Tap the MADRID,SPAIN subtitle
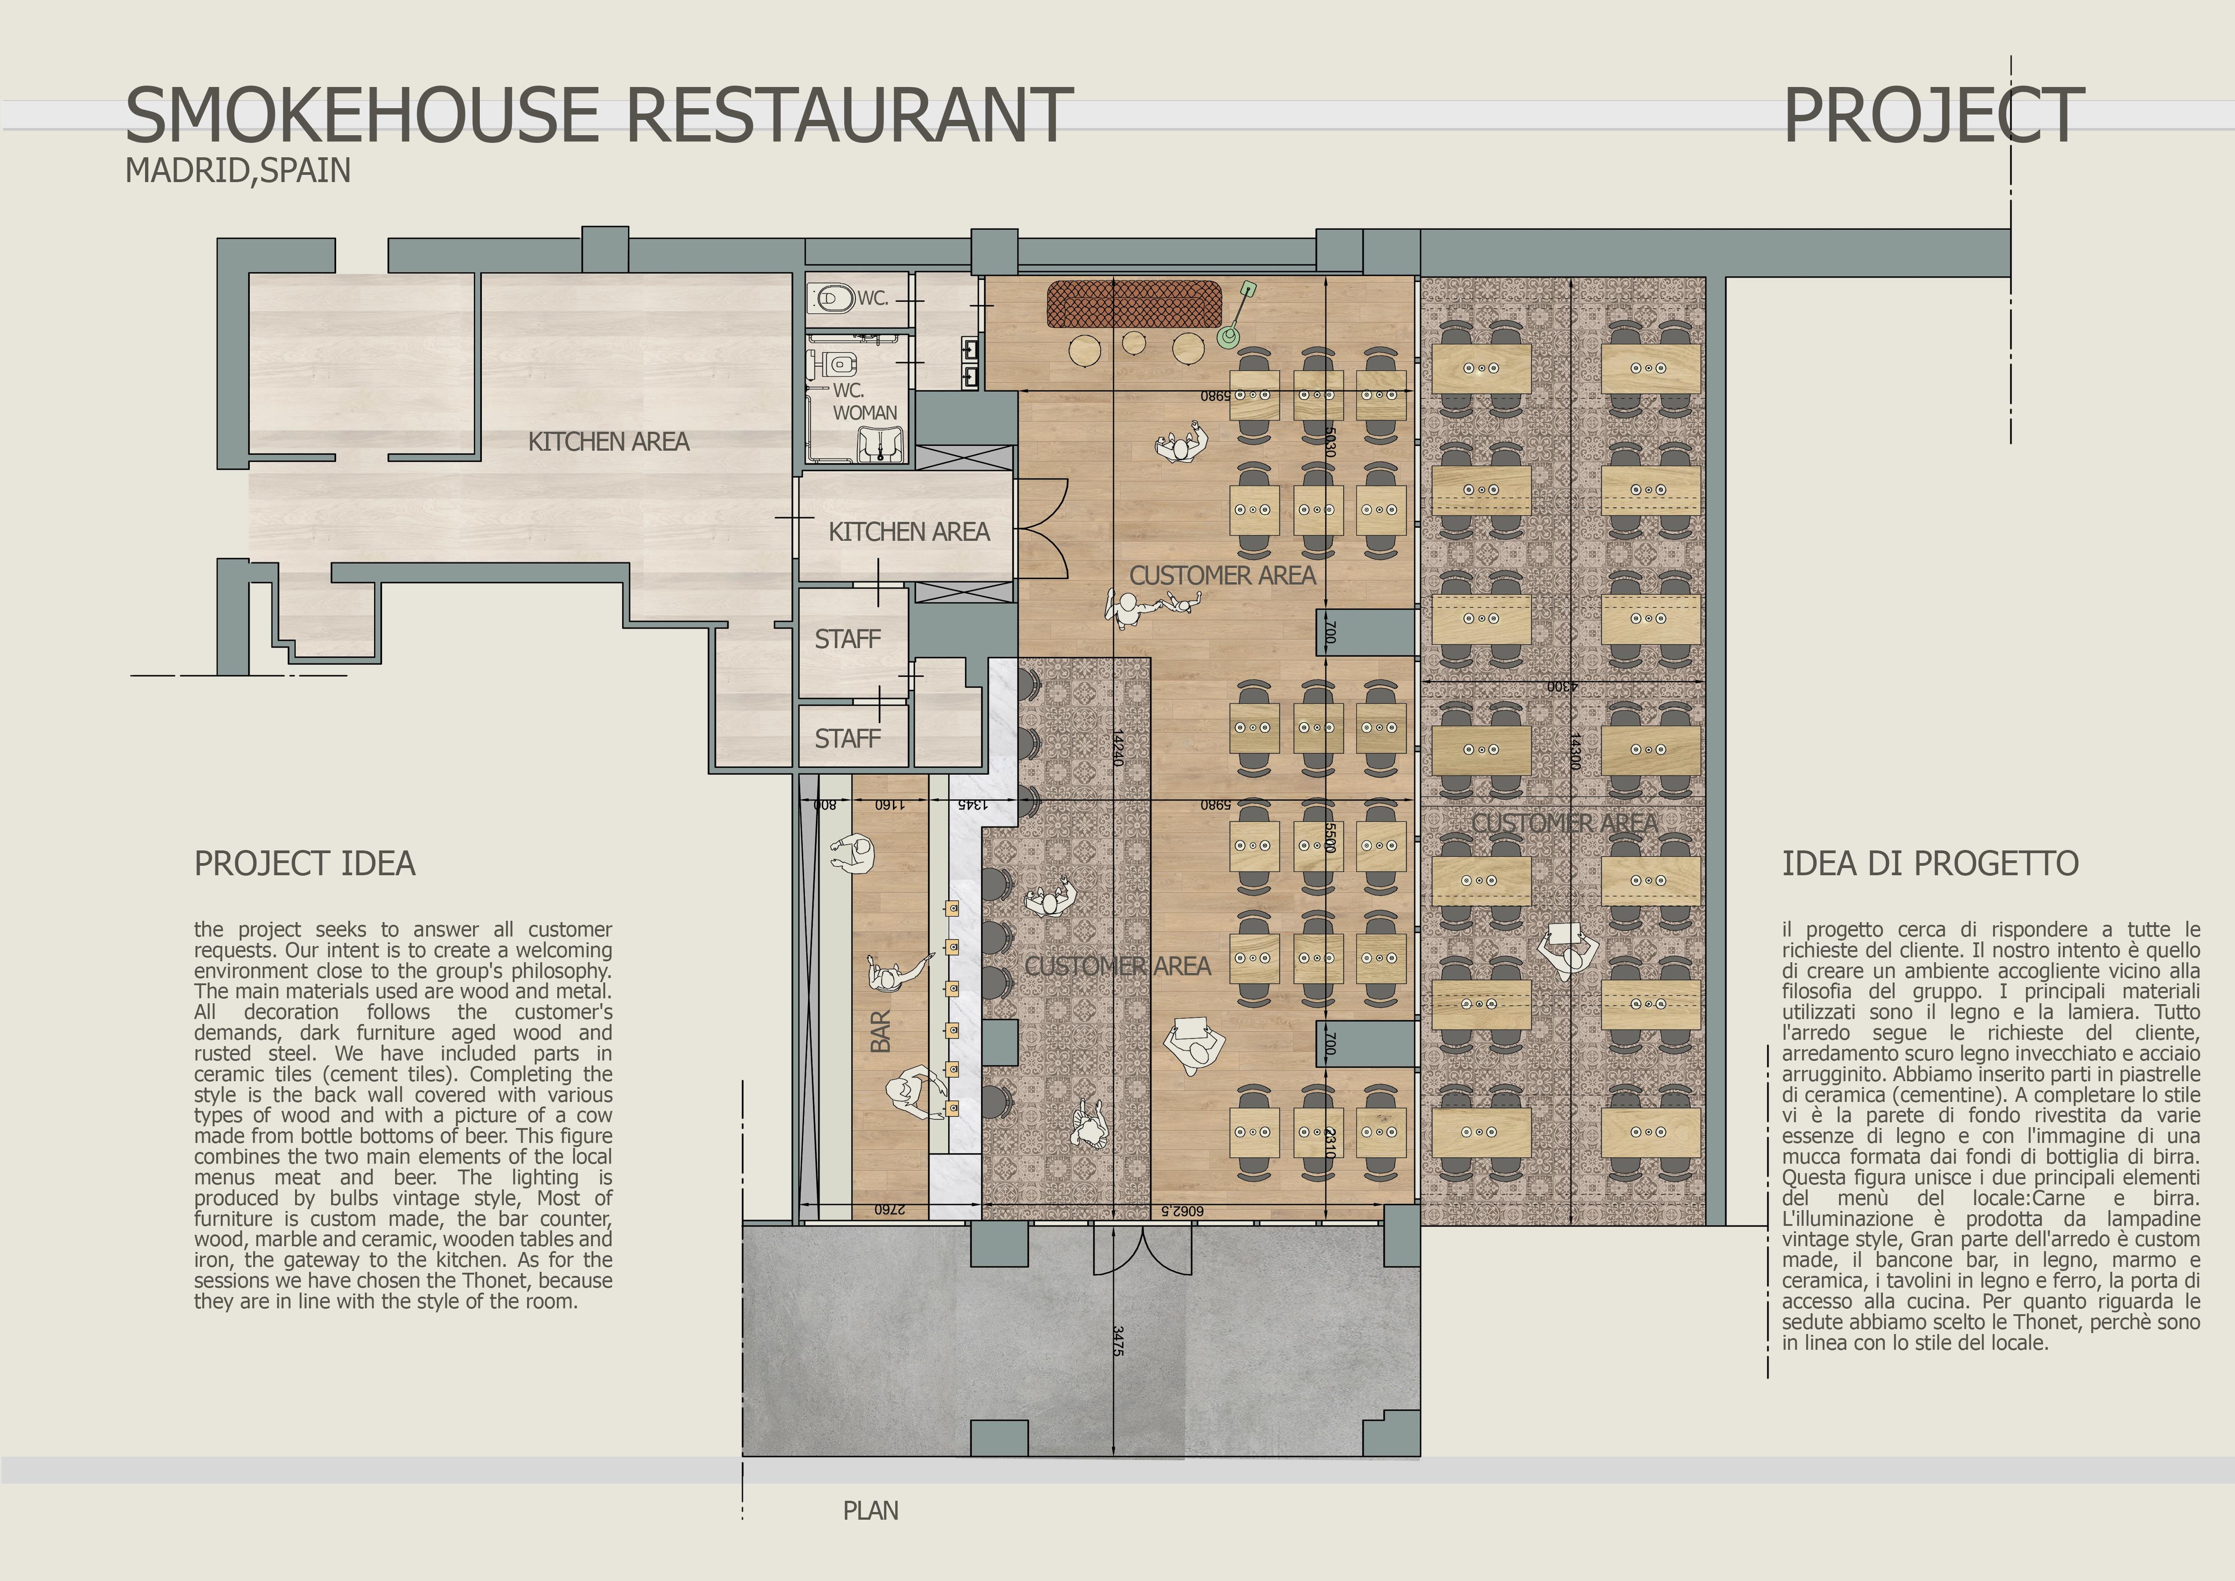[237, 170]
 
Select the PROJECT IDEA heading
[305, 864]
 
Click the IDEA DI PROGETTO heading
[1930, 864]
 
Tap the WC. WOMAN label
[864, 401]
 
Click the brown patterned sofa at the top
[1134, 305]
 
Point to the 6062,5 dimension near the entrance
[1182, 1210]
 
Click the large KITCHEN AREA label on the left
[608, 442]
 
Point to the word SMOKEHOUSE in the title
[362, 115]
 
